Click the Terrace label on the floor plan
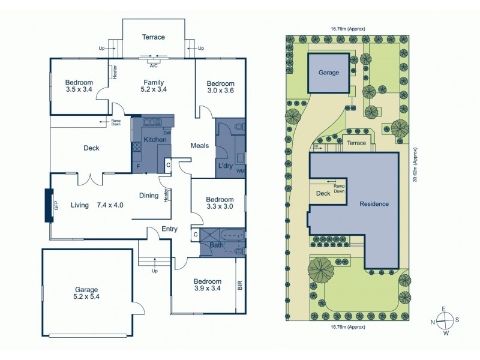(154, 37)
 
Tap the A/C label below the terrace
(154, 65)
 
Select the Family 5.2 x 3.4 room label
(154, 87)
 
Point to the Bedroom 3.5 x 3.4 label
(79, 86)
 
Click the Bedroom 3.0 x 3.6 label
(220, 87)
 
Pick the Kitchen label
(146, 140)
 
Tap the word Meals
(199, 145)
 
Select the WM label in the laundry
(241, 172)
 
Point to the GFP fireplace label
(56, 205)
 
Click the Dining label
(149, 195)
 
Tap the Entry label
(170, 229)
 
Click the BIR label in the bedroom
(240, 285)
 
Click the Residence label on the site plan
(374, 204)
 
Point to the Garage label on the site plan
(329, 73)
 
